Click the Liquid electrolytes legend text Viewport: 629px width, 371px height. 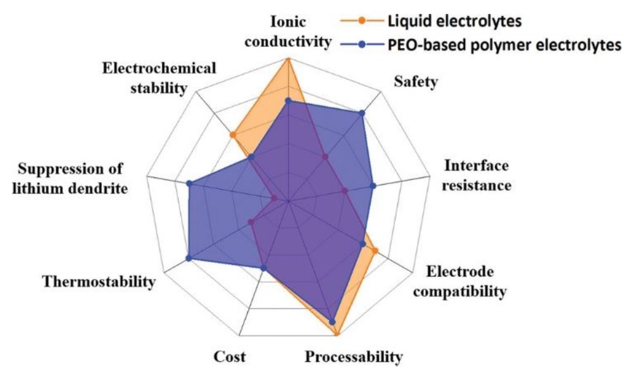[455, 20]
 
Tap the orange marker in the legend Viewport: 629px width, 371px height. [361, 21]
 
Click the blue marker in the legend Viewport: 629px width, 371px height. [361, 45]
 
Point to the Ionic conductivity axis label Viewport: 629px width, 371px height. [288, 31]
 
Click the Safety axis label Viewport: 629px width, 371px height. [416, 82]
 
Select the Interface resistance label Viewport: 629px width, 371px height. [476, 176]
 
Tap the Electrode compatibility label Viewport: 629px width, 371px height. [459, 281]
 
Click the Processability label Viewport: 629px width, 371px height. [354, 356]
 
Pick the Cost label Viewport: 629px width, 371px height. [230, 356]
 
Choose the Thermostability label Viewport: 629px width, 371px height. [99, 282]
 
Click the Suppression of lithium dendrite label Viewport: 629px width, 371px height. [70, 178]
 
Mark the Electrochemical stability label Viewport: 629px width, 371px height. [159, 78]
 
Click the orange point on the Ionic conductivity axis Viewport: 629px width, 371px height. [288, 60]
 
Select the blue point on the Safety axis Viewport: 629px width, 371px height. [362, 113]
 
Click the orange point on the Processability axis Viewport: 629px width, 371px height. [337, 333]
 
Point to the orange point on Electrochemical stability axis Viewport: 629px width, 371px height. [232, 135]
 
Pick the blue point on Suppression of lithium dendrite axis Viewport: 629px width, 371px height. [190, 183]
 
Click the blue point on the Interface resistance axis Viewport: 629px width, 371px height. [373, 186]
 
